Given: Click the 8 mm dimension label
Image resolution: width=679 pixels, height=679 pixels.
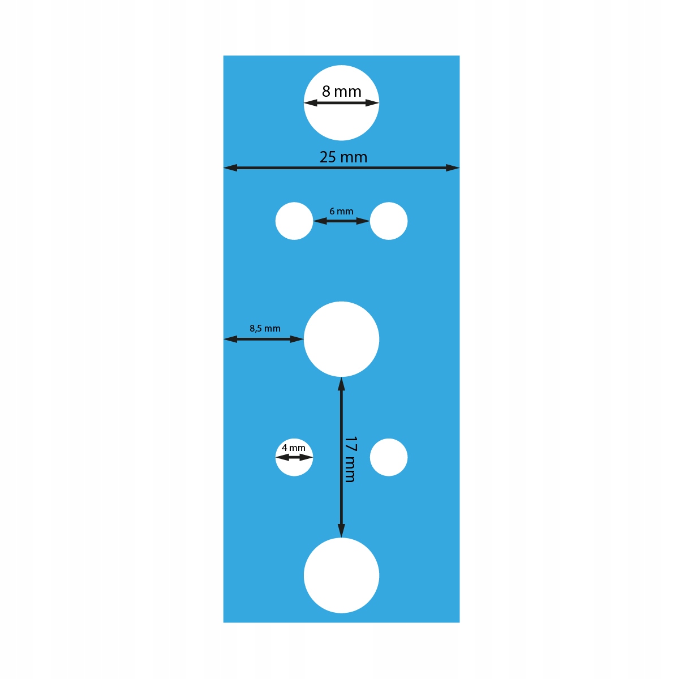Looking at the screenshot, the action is (x=341, y=91).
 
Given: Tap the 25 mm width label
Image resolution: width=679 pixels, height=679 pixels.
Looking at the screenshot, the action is (x=343, y=157).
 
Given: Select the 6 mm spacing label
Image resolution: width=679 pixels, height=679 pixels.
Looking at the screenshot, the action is (x=341, y=211).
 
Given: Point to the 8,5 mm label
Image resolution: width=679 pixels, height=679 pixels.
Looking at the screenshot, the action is (x=265, y=328).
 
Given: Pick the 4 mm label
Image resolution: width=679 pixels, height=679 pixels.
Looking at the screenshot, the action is (x=294, y=448).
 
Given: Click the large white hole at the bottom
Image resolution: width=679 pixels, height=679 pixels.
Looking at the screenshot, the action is (x=341, y=575).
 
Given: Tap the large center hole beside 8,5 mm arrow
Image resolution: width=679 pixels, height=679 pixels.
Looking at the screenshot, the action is (x=341, y=339).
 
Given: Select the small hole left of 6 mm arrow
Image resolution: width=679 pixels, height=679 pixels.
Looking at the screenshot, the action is (x=294, y=221).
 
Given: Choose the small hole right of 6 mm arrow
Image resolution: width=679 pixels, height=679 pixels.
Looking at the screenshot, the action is (x=389, y=221).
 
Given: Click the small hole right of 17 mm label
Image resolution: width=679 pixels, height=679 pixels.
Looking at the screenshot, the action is (x=389, y=457).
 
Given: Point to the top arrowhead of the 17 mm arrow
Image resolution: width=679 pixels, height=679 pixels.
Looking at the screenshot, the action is (x=341, y=384).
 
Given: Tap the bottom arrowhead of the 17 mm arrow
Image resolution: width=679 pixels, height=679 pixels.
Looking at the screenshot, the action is (x=341, y=531).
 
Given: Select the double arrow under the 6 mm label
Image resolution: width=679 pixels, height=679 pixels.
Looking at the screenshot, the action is (x=341, y=221).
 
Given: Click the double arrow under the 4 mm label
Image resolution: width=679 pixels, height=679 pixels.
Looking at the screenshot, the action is (x=294, y=457).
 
